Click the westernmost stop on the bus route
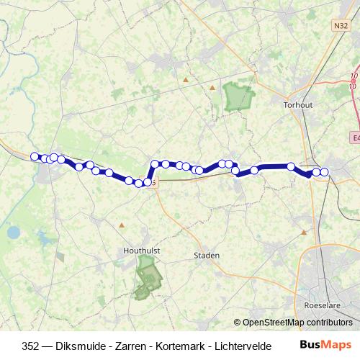(x=35, y=156)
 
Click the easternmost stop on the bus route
(x=324, y=171)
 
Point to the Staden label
(x=207, y=256)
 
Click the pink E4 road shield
(x=356, y=136)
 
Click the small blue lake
(x=13, y=233)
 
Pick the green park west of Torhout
(x=237, y=96)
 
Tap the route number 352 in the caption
(x=31, y=345)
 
